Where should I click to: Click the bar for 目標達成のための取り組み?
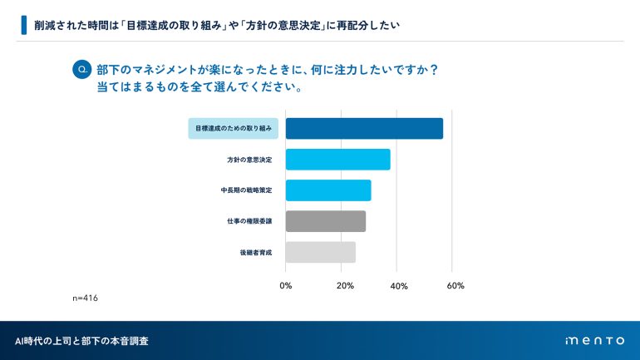pyautogui.click(x=364, y=128)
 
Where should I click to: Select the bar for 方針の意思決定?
pyautogui.click(x=337, y=159)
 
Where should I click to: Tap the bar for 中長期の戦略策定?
pyautogui.click(x=328, y=190)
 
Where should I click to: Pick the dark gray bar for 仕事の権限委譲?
pyautogui.click(x=326, y=220)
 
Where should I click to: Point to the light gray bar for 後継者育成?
pyautogui.click(x=321, y=251)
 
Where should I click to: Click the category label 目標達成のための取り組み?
pyautogui.click(x=234, y=128)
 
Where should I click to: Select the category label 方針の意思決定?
pyautogui.click(x=249, y=159)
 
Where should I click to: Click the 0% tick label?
pyautogui.click(x=286, y=286)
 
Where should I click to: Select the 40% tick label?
pyautogui.click(x=398, y=286)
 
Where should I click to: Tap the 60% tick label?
pyautogui.click(x=455, y=286)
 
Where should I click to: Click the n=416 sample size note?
pyautogui.click(x=86, y=297)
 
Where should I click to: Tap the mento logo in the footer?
pyautogui.click(x=593, y=341)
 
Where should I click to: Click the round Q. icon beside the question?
pyautogui.click(x=82, y=70)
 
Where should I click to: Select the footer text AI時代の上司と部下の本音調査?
pyautogui.click(x=82, y=341)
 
